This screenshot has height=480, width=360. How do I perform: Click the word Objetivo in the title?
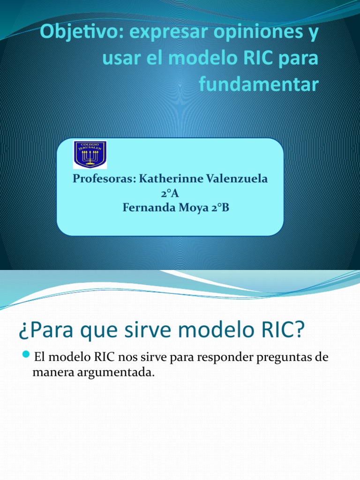pyautogui.click(x=71, y=33)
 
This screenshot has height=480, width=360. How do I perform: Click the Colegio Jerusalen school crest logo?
pyautogui.click(x=90, y=155)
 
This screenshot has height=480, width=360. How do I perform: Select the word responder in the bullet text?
pyautogui.click(x=221, y=357)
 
